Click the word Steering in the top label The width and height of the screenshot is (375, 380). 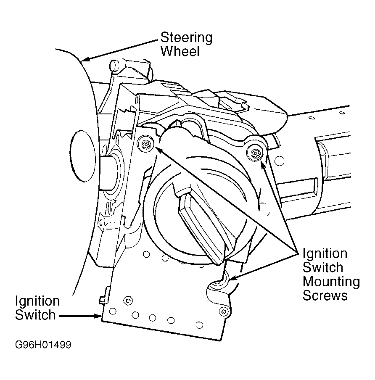186,38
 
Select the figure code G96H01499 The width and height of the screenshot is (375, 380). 42,345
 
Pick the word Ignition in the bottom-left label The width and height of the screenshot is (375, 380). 37,301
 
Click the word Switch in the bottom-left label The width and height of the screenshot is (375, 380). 35,315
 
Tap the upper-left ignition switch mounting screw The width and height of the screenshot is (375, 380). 146,143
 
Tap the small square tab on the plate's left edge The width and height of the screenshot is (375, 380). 103,299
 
